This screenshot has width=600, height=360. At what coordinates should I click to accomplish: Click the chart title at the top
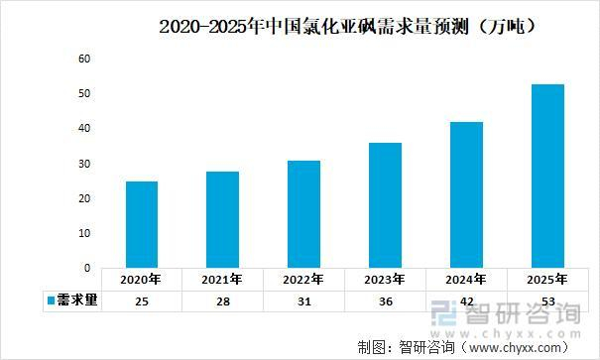pyautogui.click(x=348, y=28)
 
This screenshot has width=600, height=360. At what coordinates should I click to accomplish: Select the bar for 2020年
pyautogui.click(x=142, y=224)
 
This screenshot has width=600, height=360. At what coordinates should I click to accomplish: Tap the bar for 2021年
pyautogui.click(x=223, y=219)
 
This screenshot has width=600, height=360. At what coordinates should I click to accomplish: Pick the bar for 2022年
pyautogui.click(x=304, y=214)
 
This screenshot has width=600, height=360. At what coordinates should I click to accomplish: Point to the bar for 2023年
pyautogui.click(x=386, y=205)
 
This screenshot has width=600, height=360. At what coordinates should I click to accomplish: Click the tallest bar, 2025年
pyautogui.click(x=548, y=176)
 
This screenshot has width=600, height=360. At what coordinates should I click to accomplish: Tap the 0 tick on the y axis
pyautogui.click(x=87, y=268)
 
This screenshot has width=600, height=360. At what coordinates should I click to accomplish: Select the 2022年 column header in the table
pyautogui.click(x=304, y=280)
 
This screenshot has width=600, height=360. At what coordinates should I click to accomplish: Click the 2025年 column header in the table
pyautogui.click(x=548, y=280)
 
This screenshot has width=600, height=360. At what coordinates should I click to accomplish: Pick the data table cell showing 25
pyautogui.click(x=142, y=300)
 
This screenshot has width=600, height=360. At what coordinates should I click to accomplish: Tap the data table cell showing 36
pyautogui.click(x=386, y=300)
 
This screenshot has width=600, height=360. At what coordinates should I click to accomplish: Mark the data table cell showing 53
pyautogui.click(x=548, y=300)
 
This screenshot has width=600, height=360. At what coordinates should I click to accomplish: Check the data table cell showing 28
pyautogui.click(x=223, y=300)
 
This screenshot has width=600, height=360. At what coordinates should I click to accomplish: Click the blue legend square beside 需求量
pyautogui.click(x=50, y=300)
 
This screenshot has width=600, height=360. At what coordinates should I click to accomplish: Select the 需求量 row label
pyautogui.click(x=77, y=300)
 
